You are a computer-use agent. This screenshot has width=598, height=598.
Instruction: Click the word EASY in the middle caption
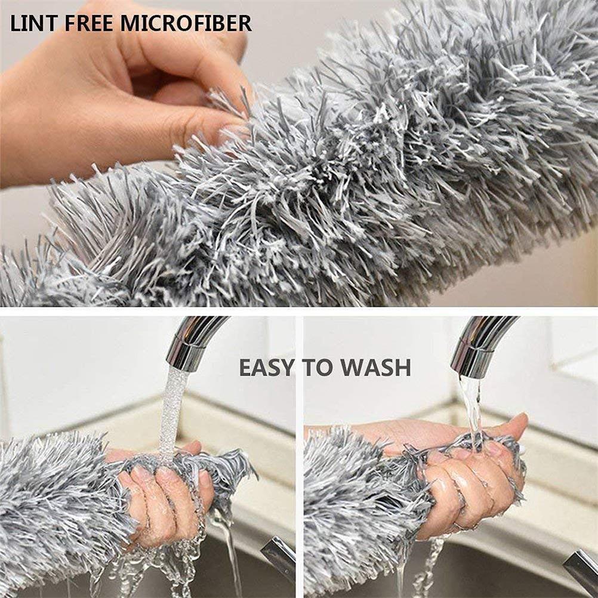point(266,368)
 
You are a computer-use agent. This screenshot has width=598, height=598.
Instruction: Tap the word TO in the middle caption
point(318,368)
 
